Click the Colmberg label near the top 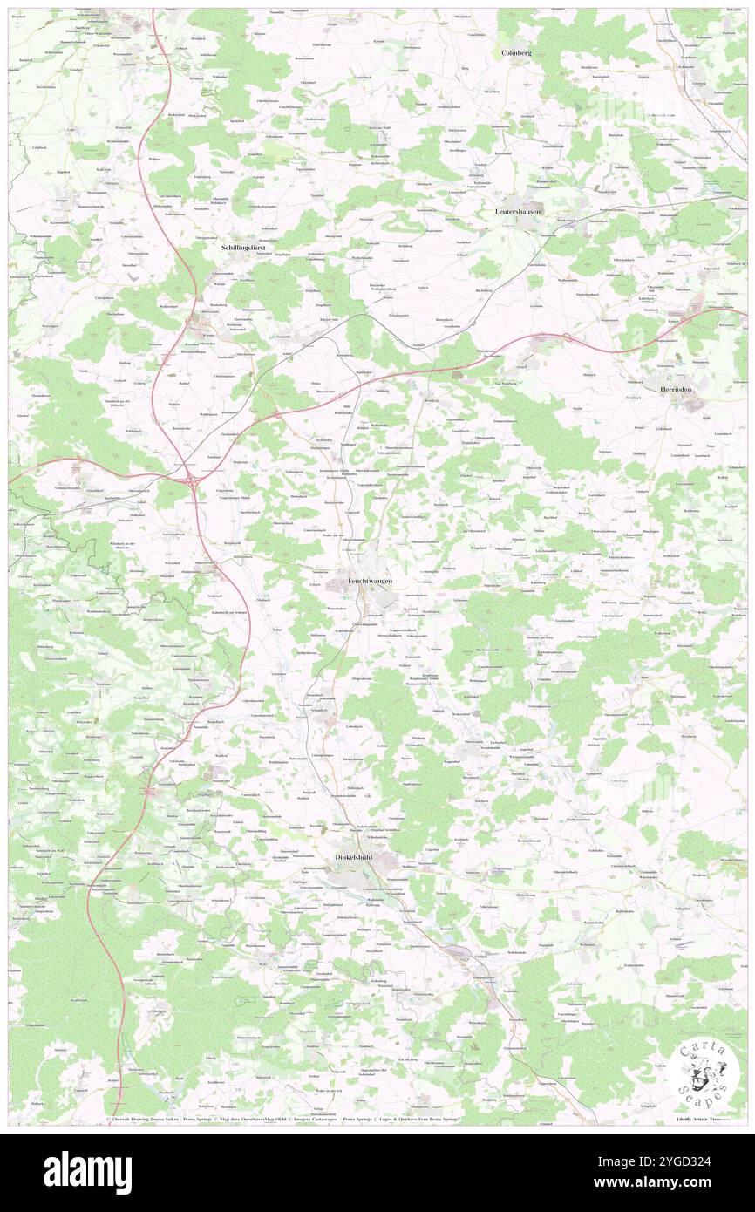516,53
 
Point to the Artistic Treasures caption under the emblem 703,1118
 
